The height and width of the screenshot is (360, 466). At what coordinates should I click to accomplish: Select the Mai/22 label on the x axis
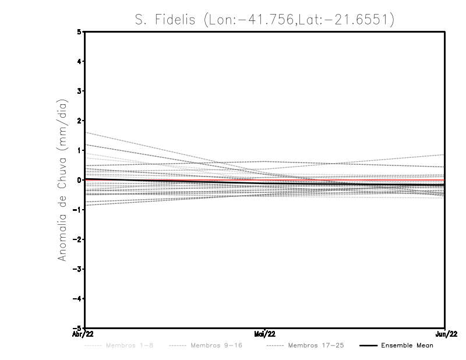tap(265, 334)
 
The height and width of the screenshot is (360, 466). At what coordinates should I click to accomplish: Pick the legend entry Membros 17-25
tap(316, 345)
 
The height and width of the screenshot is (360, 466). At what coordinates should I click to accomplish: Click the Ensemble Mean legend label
tap(407, 345)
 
